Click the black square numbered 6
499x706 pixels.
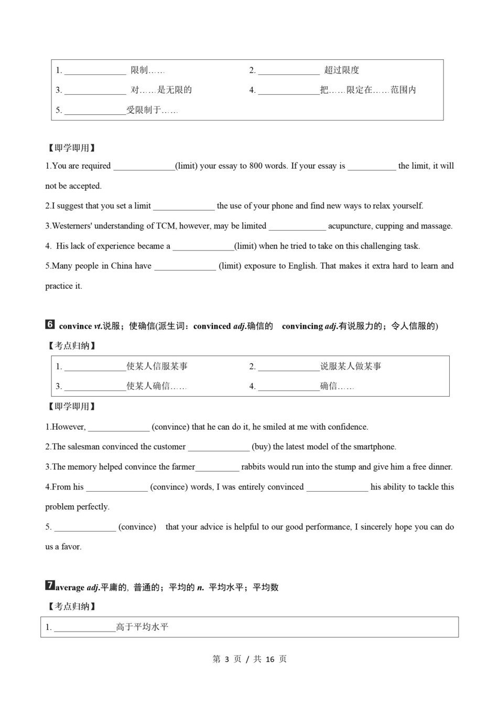click(x=50, y=325)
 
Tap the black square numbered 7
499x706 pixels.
click(x=50, y=586)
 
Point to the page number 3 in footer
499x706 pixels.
click(x=227, y=659)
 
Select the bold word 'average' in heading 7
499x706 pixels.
click(x=70, y=588)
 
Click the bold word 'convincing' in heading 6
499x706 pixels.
click(x=302, y=327)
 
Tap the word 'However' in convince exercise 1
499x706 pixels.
click(x=68, y=427)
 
